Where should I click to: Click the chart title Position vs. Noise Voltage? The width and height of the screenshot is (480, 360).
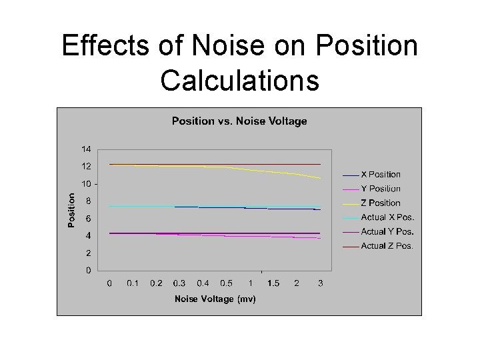[239, 121]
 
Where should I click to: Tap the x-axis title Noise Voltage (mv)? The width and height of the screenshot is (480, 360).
[215, 299]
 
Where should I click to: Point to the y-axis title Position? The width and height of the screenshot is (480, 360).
[72, 210]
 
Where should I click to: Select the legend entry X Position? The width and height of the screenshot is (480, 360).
[381, 175]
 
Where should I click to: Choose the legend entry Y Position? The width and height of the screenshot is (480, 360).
[381, 189]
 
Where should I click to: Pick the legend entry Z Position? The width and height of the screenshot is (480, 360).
[381, 203]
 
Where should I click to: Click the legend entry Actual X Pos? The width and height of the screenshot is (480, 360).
[387, 217]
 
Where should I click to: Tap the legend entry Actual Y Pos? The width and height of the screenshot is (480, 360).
[387, 232]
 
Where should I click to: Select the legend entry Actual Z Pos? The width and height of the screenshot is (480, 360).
[387, 246]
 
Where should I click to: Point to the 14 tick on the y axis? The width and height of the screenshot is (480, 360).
[87, 149]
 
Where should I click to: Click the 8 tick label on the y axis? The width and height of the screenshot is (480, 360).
[89, 201]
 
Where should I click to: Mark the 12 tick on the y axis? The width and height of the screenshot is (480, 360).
[87, 166]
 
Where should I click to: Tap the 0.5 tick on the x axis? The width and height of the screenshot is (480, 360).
[227, 283]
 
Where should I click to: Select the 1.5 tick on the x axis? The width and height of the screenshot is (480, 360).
[273, 283]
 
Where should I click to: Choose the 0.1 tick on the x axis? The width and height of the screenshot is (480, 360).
[133, 283]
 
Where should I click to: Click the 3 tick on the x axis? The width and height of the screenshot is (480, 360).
[321, 283]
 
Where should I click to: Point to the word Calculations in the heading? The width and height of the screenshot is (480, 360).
[239, 81]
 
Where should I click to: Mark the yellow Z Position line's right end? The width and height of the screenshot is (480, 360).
[321, 178]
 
